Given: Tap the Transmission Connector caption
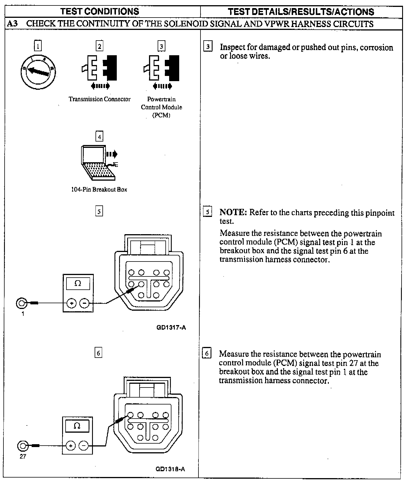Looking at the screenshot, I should [100, 99].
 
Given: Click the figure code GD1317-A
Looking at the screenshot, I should [171, 328].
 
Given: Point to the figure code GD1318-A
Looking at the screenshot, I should [170, 469].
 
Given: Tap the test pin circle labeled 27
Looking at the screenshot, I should [22, 446].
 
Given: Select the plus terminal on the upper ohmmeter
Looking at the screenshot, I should [71, 303].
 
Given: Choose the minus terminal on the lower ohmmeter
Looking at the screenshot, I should [84, 446].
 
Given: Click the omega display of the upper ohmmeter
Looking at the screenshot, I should [78, 284].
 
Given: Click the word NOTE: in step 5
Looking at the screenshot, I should [233, 213].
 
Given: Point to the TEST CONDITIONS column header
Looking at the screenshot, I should [100, 12].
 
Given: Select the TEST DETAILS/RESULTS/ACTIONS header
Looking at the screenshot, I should [301, 12].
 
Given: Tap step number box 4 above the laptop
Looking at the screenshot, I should [100, 137].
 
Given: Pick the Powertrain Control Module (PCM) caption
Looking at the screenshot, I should [161, 107].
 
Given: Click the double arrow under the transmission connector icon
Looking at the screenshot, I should [100, 86].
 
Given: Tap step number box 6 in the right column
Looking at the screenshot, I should [207, 353].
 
